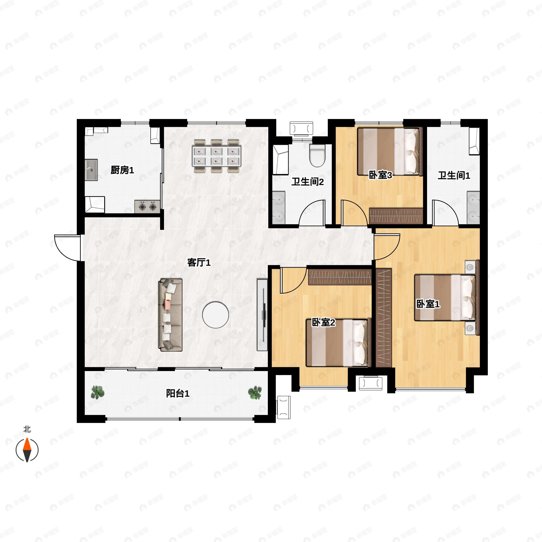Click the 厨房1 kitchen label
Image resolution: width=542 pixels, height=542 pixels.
[x=122, y=170]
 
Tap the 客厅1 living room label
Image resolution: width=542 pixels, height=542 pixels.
[x=199, y=263]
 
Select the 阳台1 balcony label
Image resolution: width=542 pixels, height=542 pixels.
[x=178, y=393]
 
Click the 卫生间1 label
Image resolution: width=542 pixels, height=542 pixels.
[x=454, y=176]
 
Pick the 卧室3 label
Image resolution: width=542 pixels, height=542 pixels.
[x=380, y=175]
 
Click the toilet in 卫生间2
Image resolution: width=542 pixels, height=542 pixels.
[x=317, y=155]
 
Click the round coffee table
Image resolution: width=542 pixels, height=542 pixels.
[x=215, y=315]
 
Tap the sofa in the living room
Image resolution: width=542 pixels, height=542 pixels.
[x=170, y=315]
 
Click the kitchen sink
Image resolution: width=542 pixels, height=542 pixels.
[x=91, y=170]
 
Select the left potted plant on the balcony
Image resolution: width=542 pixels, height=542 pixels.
[x=97, y=392]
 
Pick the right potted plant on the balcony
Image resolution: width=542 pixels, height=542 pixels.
[x=255, y=392]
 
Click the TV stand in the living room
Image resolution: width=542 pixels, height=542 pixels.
[x=262, y=315]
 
